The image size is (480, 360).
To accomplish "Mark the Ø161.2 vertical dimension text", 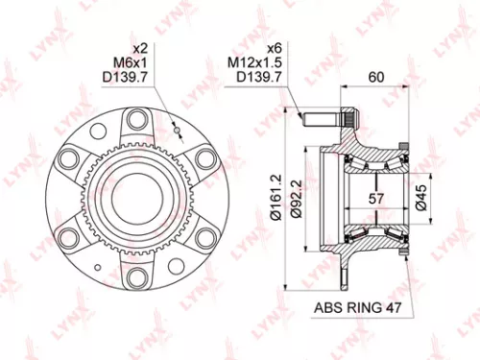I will point(276,198).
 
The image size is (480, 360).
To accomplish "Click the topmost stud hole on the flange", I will point(136,119).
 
